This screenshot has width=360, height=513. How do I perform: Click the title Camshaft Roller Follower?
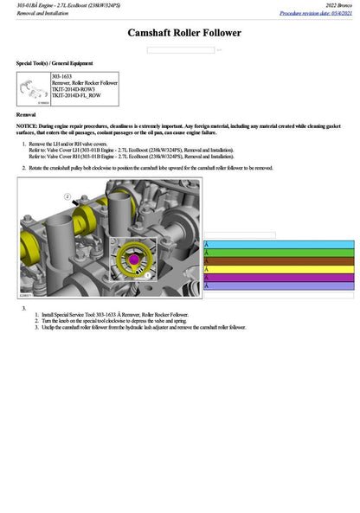point(184,33)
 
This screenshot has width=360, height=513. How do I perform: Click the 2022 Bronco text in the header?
point(334,5)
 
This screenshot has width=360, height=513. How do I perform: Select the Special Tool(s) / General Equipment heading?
point(55,63)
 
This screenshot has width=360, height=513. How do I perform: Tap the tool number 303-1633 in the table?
point(62,76)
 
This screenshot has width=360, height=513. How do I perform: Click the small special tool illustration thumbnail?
point(33,89)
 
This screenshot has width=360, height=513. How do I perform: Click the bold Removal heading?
point(26,114)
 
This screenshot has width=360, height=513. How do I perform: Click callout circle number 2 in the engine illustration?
point(67,197)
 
